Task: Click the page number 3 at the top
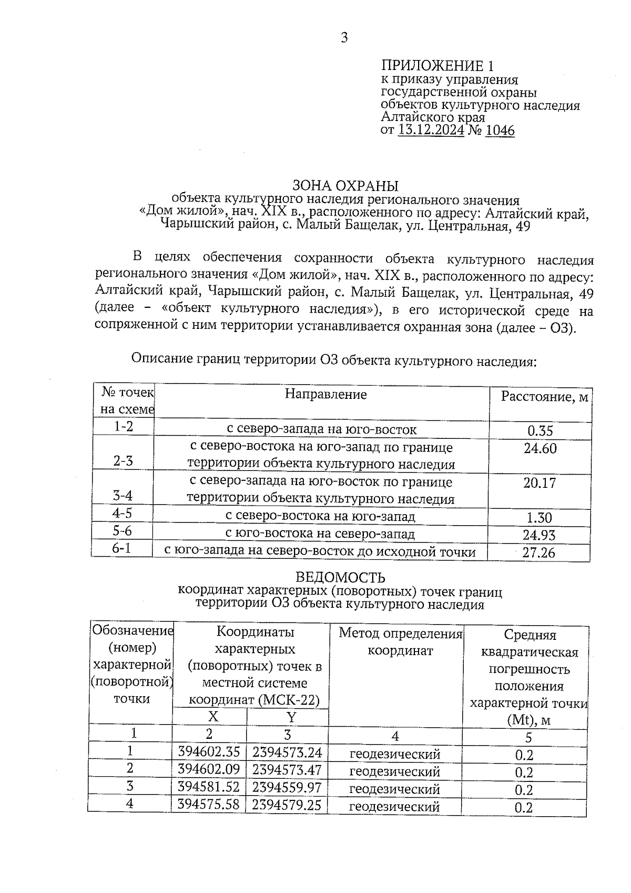344,38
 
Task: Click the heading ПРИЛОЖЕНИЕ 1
437,66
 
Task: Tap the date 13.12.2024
431,131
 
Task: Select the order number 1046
500,131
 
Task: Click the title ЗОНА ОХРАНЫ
345,186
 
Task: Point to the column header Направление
325,394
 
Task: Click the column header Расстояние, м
544,397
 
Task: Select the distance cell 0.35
540,431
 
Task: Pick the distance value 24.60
540,448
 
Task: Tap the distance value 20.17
540,483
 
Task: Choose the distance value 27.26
539,553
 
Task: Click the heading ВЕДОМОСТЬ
340,578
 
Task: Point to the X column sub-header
212,717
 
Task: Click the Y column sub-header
291,717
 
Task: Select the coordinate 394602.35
209,751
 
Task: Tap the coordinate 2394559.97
287,787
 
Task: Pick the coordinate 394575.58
209,805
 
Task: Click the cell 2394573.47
287,769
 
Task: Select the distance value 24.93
540,535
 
